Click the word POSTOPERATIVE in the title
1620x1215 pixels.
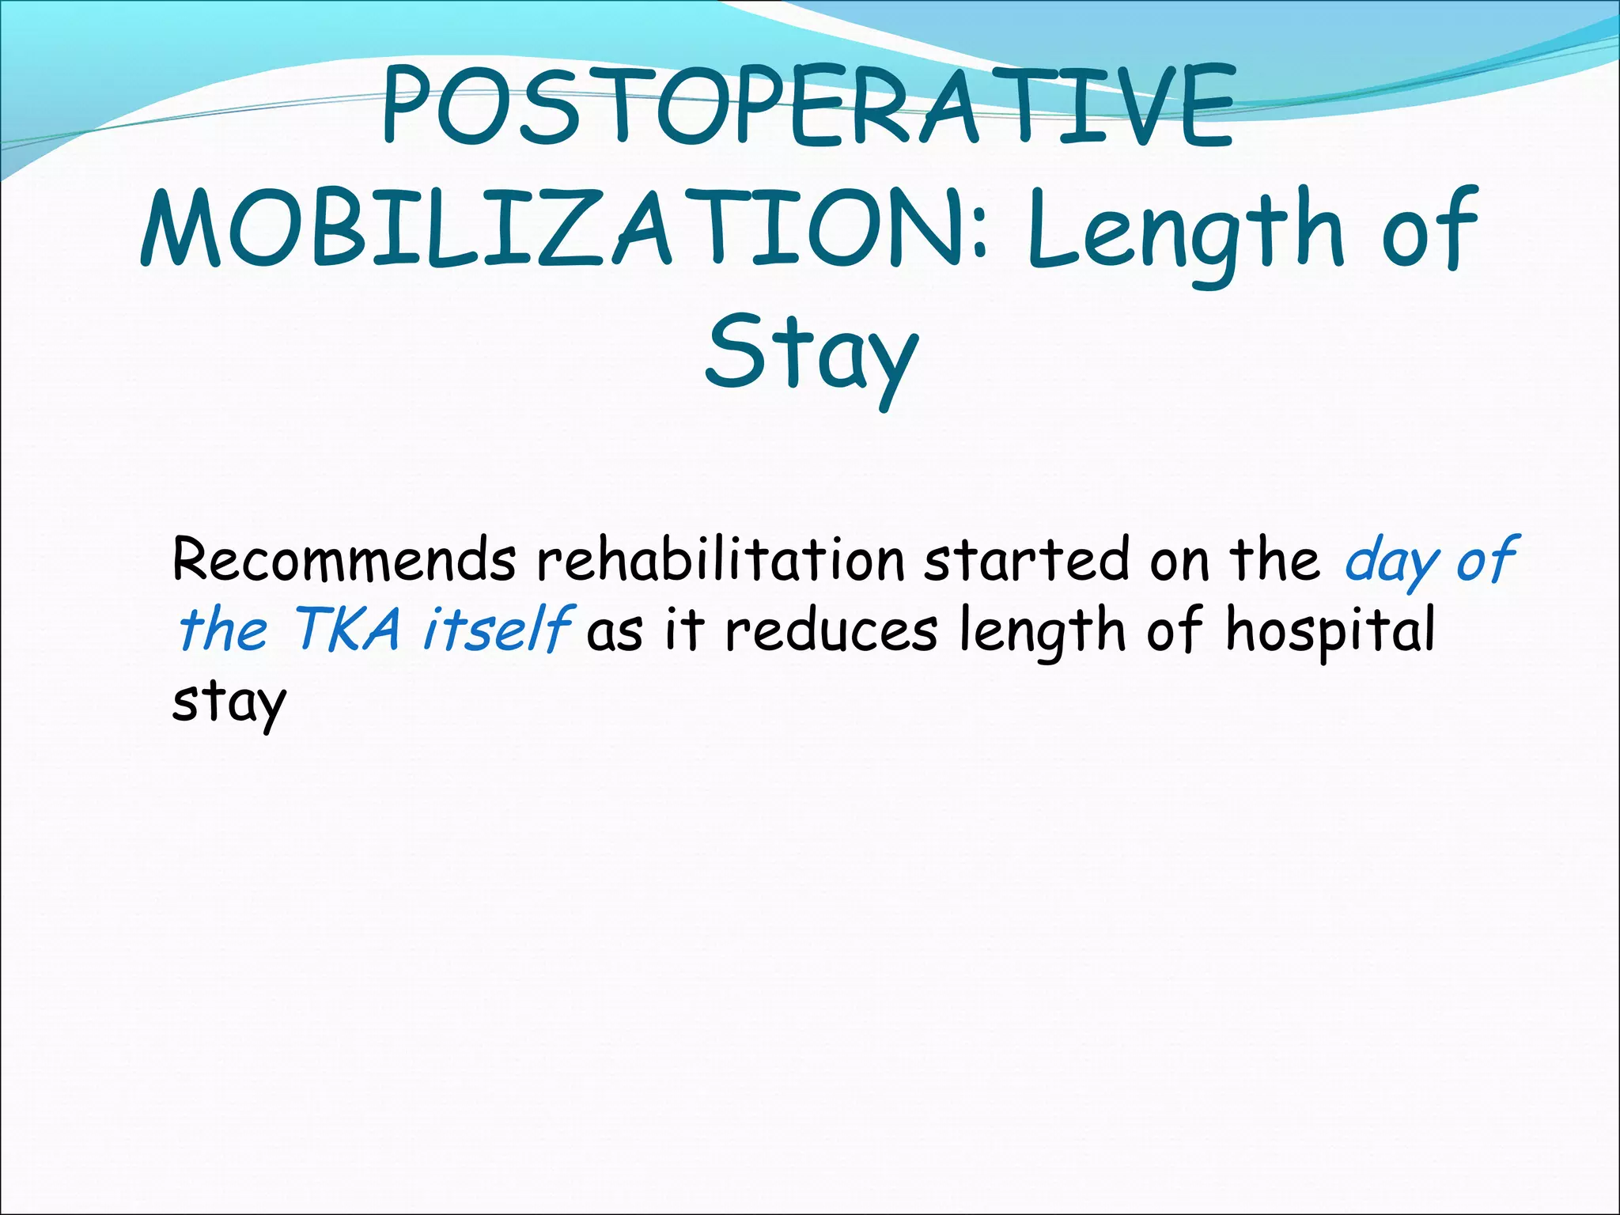click(x=807, y=107)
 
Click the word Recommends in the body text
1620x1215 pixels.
click(x=344, y=560)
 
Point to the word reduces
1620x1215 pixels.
click(x=831, y=631)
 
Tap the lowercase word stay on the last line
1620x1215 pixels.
click(x=229, y=702)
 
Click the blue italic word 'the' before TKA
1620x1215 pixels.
click(x=223, y=630)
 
